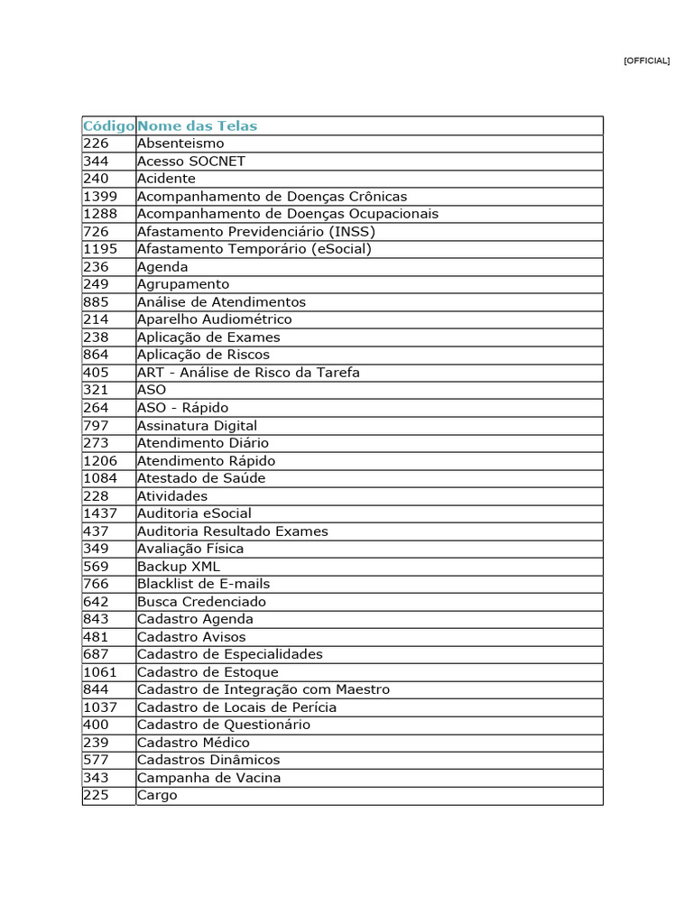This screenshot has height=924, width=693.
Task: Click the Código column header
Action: tap(108, 125)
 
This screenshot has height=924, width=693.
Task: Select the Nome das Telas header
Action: tap(197, 125)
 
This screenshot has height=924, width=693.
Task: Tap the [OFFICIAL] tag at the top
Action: tap(646, 60)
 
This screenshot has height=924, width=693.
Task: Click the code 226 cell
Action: tap(96, 143)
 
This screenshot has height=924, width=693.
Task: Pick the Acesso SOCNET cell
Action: tap(191, 161)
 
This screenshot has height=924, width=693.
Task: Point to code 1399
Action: tap(100, 196)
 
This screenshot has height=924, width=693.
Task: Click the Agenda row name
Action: tap(162, 266)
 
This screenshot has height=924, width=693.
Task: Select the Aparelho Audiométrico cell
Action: tap(214, 319)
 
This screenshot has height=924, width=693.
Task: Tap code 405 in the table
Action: tap(96, 372)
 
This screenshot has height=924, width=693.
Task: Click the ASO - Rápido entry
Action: tap(182, 408)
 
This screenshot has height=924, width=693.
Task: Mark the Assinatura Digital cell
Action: tap(197, 425)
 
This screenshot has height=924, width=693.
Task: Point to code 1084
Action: tap(100, 478)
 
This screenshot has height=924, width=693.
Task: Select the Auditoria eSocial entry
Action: tap(194, 513)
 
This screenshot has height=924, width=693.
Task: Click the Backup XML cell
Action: tap(178, 566)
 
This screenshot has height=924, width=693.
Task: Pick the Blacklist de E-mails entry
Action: tap(203, 584)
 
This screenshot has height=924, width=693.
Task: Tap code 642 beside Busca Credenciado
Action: tap(96, 601)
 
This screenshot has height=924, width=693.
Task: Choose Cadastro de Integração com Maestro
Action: tap(263, 689)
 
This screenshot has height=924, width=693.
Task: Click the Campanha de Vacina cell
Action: tap(208, 778)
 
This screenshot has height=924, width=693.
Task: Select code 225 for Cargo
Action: tap(96, 795)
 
